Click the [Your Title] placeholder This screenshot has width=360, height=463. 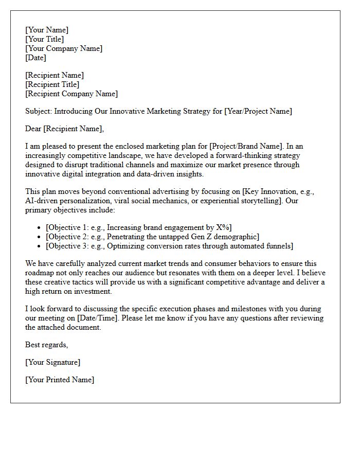(x=45, y=39)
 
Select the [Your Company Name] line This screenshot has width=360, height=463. (x=64, y=48)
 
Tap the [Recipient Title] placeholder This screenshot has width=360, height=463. (x=52, y=84)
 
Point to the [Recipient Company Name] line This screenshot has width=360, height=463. (x=71, y=94)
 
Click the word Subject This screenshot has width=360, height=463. (x=39, y=111)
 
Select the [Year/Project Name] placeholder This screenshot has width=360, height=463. (x=258, y=111)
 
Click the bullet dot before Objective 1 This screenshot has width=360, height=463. (x=40, y=228)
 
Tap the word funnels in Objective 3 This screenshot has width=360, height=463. (x=278, y=246)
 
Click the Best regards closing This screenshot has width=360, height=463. (x=46, y=345)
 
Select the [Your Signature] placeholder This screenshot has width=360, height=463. (x=52, y=362)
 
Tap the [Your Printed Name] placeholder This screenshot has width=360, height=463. (x=60, y=380)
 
